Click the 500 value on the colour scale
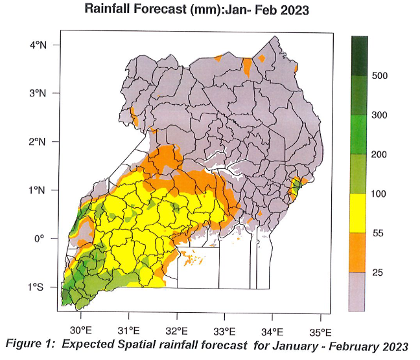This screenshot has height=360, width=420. coord(380,76)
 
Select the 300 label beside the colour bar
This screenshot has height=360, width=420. coord(380,115)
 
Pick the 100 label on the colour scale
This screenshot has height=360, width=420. coord(380,194)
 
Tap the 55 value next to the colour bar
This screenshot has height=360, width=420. coord(378,233)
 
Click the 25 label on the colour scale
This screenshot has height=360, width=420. coord(378,273)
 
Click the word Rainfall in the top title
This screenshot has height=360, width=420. coord(110,10)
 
